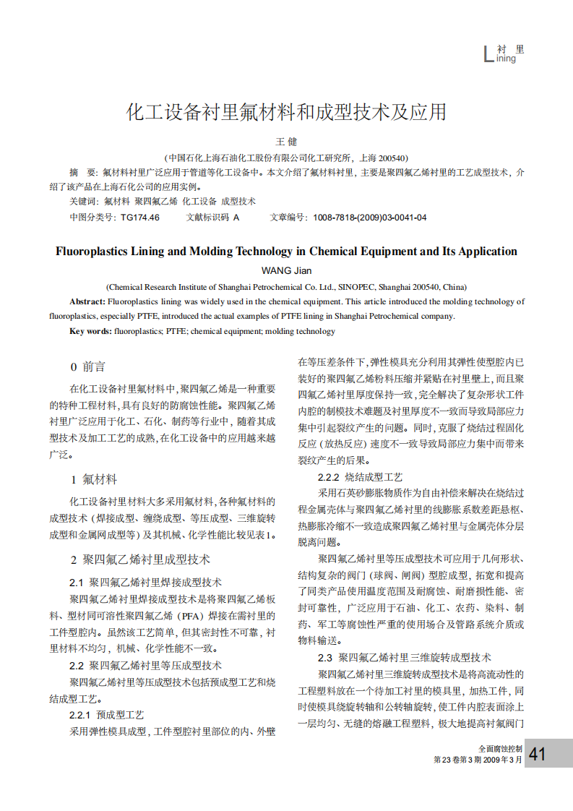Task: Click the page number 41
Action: tap(537, 755)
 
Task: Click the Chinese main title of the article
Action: tap(286, 112)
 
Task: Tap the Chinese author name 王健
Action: tap(287, 142)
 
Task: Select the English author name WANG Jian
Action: tap(286, 270)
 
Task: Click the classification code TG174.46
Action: tap(140, 217)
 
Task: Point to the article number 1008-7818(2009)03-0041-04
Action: tap(369, 217)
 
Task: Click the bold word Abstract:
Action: tap(87, 301)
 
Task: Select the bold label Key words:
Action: tap(90, 331)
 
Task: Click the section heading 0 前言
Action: tap(87, 366)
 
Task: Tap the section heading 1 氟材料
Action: tap(93, 479)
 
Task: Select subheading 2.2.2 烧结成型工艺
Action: tap(360, 477)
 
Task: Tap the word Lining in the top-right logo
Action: tap(505, 59)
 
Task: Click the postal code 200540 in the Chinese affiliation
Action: tap(392, 158)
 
